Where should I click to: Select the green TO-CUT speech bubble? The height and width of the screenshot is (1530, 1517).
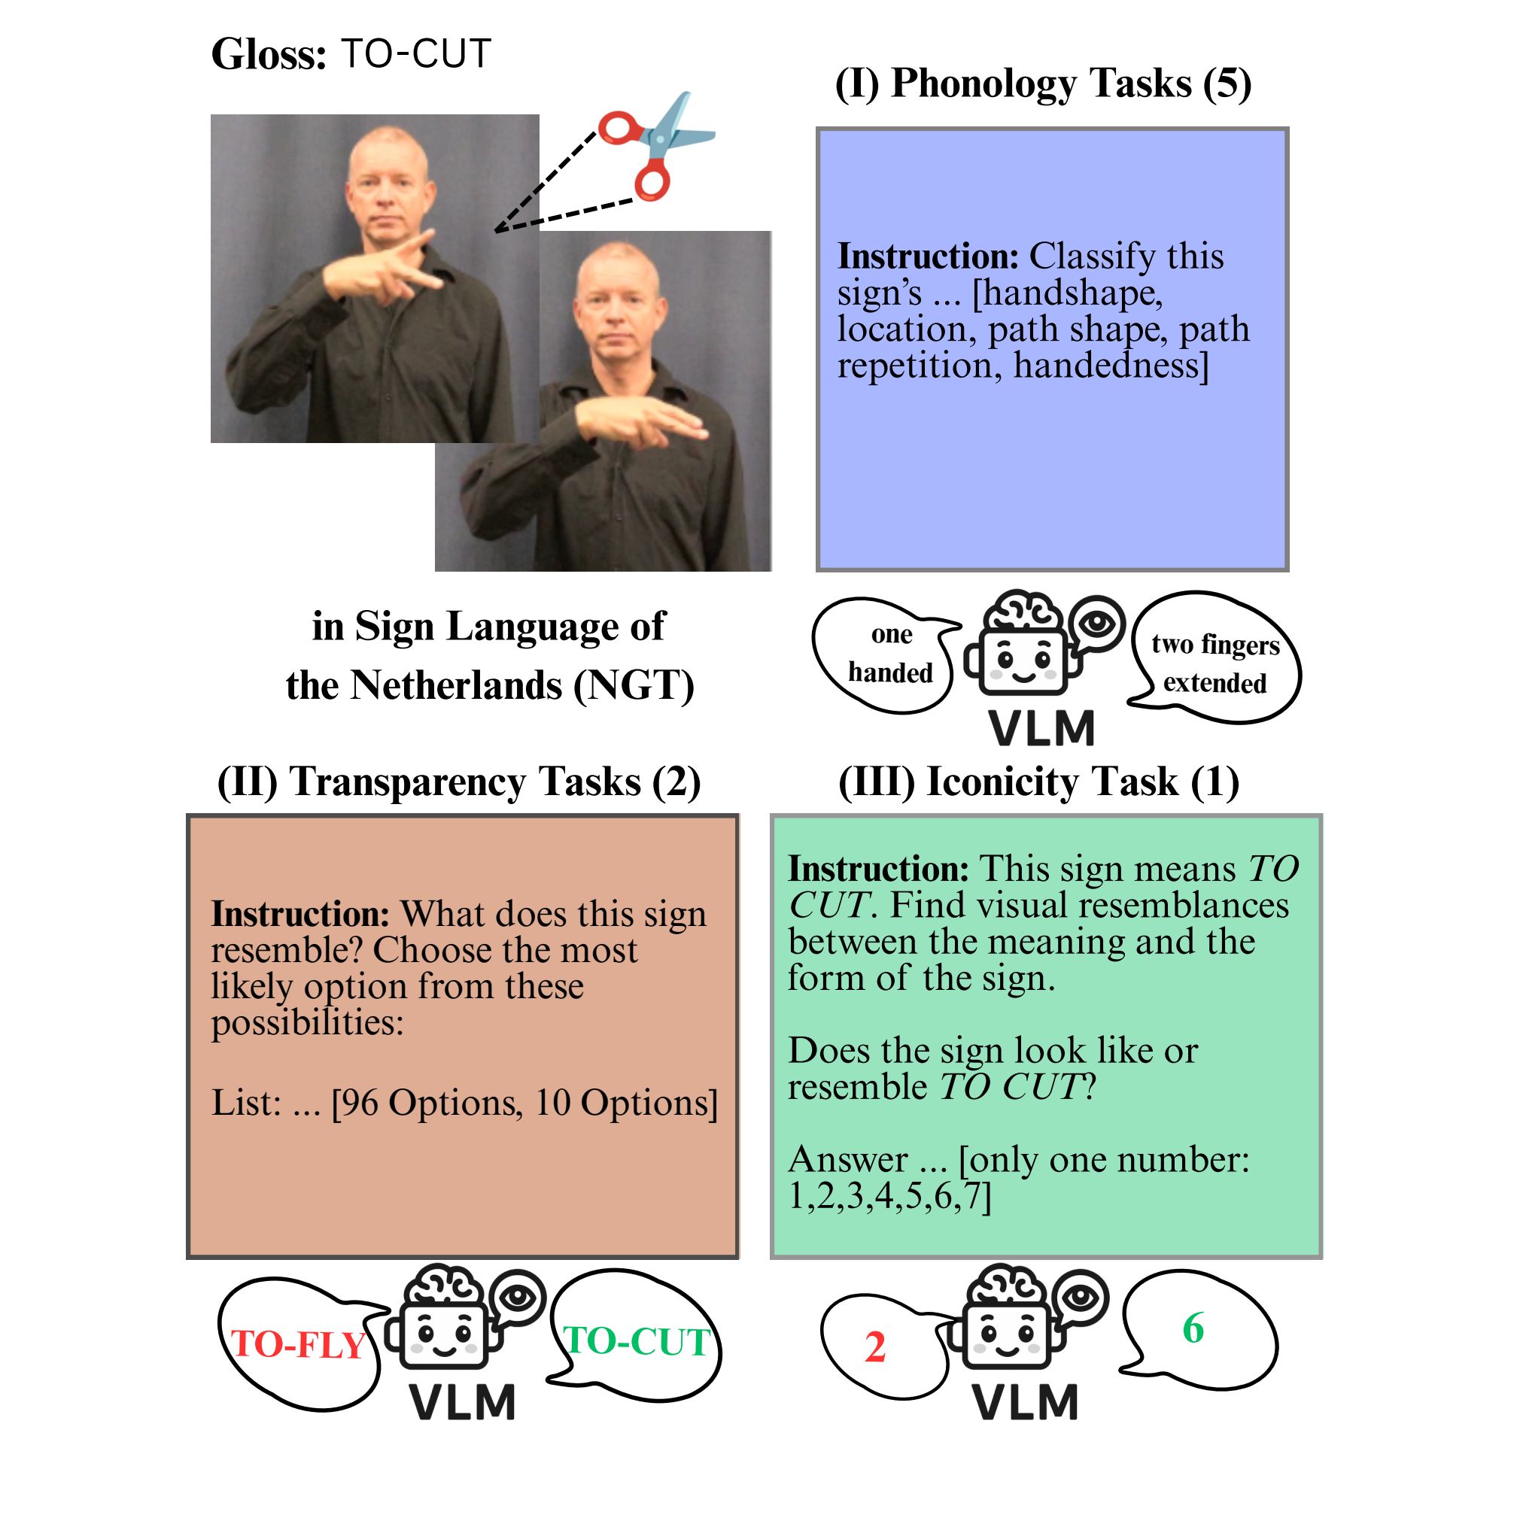(x=635, y=1338)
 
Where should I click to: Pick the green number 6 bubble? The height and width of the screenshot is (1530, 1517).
(x=1198, y=1331)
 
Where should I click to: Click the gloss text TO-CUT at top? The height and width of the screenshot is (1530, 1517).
(x=417, y=54)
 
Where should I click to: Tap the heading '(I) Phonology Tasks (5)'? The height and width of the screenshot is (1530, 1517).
(x=1043, y=83)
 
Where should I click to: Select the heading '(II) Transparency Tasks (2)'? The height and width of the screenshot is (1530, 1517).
(x=460, y=782)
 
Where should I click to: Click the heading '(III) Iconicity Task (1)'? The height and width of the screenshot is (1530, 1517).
(x=1038, y=782)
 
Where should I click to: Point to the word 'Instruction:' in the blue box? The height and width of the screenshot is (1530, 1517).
(x=928, y=257)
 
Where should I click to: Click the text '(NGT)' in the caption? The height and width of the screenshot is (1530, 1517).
(x=634, y=686)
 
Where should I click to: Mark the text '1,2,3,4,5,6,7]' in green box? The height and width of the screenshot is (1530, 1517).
(x=889, y=1196)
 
